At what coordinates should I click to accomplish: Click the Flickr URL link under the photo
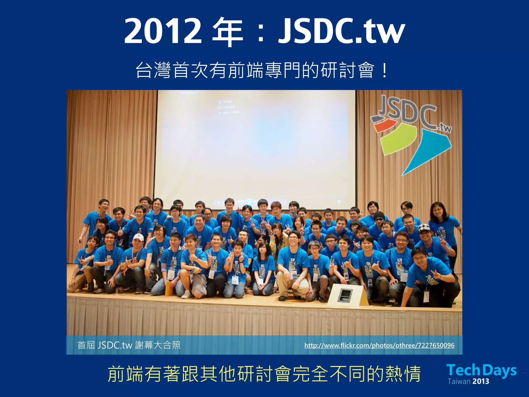pyautogui.click(x=379, y=345)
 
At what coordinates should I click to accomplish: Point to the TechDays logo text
pyautogui.click(x=481, y=370)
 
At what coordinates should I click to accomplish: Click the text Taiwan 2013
pyautogui.click(x=468, y=381)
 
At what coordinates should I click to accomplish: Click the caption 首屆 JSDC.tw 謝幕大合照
pyautogui.click(x=129, y=345)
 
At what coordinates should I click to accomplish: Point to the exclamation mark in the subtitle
pyautogui.click(x=384, y=70)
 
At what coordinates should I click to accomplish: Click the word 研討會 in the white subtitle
pyautogui.click(x=347, y=70)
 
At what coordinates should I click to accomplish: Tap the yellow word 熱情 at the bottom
pyautogui.click(x=403, y=374)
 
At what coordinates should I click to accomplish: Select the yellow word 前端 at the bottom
pyautogui.click(x=126, y=374)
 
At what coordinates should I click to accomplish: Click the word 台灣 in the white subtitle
pyautogui.click(x=153, y=70)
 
